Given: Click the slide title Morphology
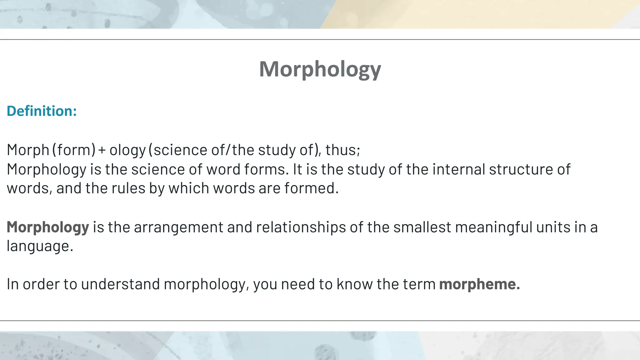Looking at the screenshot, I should (320, 69).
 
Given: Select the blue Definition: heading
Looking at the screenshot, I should (42, 111).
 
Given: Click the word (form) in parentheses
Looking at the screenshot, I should (74, 150).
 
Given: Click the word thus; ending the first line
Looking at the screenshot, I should (343, 150).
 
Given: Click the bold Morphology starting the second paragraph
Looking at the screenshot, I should (48, 227).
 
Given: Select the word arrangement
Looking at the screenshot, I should (178, 227).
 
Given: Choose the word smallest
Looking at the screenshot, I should (422, 227).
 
